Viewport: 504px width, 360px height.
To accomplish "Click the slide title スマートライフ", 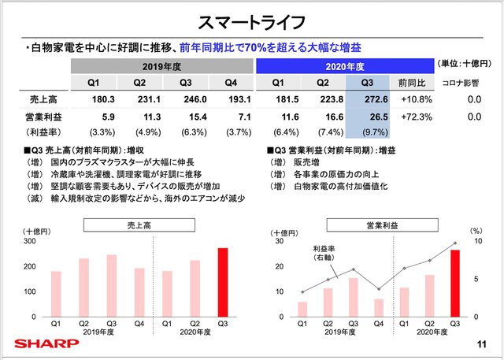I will point(252,19).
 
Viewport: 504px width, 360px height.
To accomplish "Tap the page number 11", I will point(482,343).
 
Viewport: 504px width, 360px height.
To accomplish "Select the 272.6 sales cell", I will point(373,100).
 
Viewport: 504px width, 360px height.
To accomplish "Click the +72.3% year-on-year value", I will point(414,117).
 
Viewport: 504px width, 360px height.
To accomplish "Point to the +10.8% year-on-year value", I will point(414,100).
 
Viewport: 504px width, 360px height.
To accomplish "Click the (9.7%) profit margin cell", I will point(373,132).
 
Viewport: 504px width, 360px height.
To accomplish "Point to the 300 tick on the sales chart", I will point(31,242).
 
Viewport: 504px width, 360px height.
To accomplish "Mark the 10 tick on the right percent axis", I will point(476,242).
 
